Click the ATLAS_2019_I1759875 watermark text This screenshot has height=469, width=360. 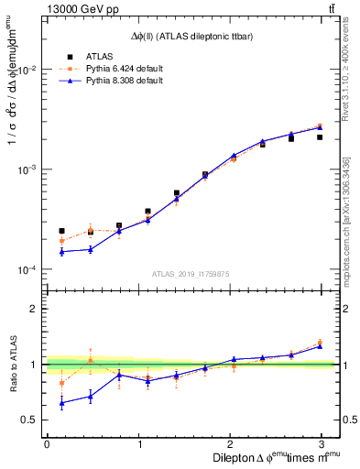coord(190,273)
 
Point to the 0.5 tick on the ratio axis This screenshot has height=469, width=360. coord(32,420)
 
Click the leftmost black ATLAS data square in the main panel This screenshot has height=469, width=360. coord(61,231)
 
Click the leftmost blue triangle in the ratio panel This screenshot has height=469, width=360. coord(61,403)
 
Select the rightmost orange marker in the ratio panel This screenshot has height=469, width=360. coord(320,342)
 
